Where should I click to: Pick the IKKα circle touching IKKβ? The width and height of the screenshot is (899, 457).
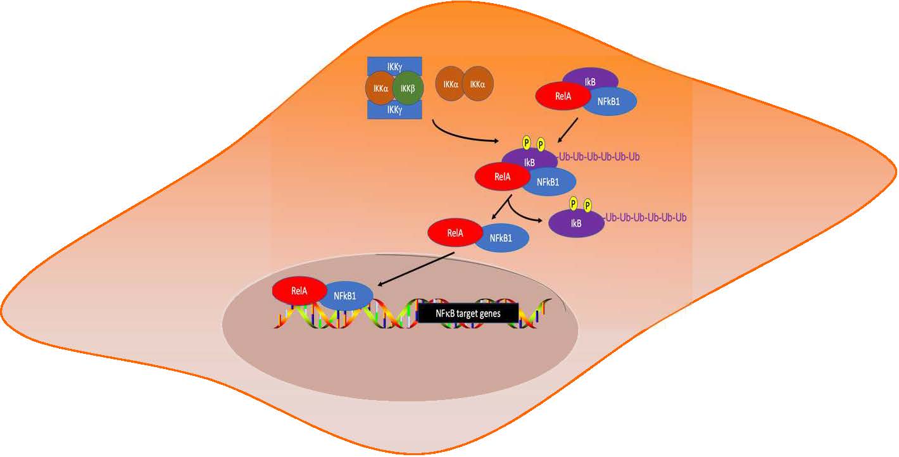click(380, 89)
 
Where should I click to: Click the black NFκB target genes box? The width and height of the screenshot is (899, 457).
click(468, 312)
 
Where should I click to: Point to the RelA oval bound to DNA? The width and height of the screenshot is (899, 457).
click(299, 291)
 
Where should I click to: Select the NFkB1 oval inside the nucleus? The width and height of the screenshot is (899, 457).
click(346, 296)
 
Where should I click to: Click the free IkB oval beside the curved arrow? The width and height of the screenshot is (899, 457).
click(576, 223)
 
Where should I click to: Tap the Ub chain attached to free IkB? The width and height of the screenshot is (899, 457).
click(646, 218)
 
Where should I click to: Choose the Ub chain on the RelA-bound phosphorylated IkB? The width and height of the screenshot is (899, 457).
click(601, 156)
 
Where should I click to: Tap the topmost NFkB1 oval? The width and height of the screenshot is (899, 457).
click(609, 101)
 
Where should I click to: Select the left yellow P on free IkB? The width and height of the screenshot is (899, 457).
click(574, 203)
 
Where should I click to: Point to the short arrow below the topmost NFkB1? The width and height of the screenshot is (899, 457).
click(567, 130)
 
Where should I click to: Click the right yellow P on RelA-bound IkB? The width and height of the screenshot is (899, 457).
click(541, 144)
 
